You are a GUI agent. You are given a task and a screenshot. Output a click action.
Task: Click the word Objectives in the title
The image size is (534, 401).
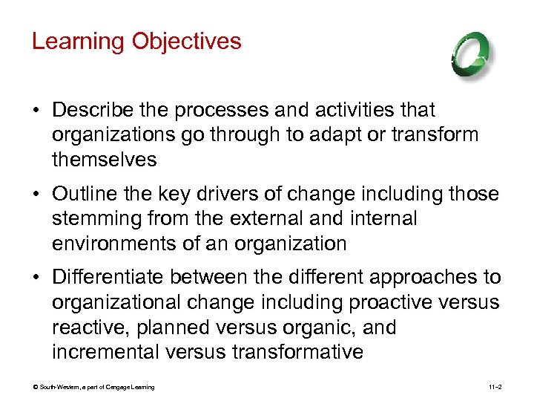186,41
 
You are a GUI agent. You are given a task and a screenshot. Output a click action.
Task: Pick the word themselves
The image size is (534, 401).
105,159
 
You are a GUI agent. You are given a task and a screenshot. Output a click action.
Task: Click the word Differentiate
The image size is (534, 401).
108,278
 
